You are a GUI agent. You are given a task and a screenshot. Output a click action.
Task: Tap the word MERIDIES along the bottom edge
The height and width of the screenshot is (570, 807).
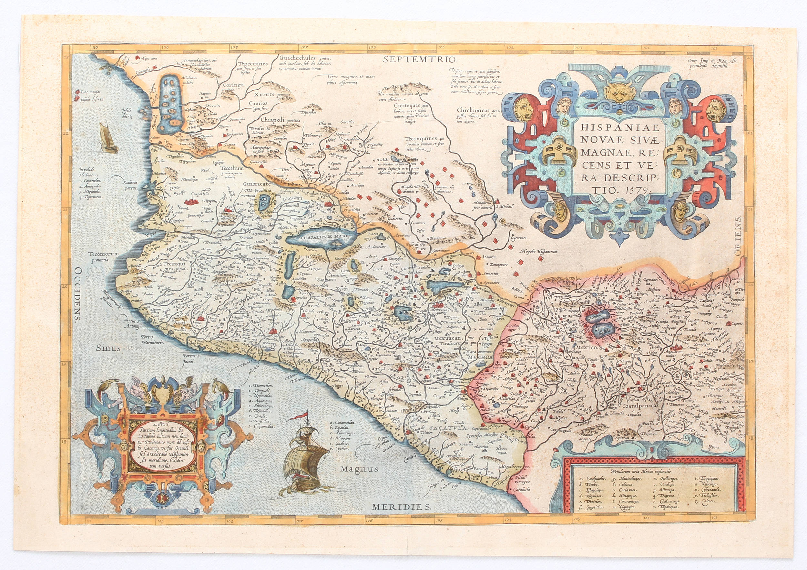pyautogui.click(x=401, y=507)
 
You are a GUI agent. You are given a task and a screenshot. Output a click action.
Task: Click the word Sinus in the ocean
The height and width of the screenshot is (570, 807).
pyautogui.click(x=108, y=348)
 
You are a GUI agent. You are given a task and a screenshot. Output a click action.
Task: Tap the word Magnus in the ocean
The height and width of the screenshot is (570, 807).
pyautogui.click(x=360, y=469)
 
